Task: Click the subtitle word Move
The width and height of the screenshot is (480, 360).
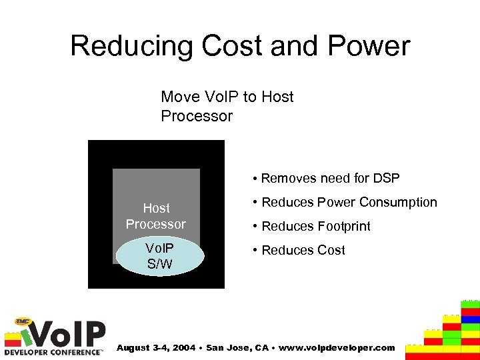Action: (180, 97)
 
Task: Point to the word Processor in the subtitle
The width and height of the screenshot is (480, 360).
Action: (197, 116)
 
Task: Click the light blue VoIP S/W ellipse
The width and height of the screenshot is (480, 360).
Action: (159, 256)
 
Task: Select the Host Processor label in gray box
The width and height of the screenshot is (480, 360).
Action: (156, 216)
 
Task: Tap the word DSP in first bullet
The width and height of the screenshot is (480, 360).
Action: (387, 178)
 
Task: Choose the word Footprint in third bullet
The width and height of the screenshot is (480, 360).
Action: (341, 226)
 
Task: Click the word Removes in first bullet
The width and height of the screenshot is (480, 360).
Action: (289, 178)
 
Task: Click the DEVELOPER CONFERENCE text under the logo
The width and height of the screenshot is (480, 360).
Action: (53, 351)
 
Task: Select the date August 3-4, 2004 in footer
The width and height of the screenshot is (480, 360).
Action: (155, 347)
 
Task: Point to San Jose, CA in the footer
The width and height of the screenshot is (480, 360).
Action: (236, 347)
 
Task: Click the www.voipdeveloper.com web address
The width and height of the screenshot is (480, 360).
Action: (338, 347)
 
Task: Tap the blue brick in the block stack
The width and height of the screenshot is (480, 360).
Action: (471, 319)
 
